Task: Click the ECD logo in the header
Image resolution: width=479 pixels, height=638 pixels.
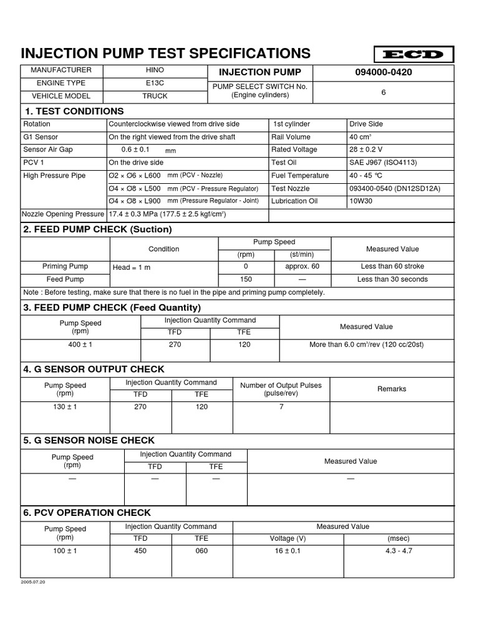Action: [414, 54]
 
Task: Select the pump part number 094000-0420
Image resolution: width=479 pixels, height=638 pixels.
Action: [384, 72]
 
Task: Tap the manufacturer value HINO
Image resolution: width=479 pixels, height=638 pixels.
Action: [155, 70]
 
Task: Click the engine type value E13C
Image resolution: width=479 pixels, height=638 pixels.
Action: [155, 83]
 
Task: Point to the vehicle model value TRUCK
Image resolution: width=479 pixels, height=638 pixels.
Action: [155, 96]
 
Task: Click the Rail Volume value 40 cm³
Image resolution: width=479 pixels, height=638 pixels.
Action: [360, 137]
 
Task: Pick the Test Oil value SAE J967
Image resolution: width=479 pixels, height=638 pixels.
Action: [384, 163]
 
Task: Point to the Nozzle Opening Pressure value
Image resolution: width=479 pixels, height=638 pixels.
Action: [167, 214]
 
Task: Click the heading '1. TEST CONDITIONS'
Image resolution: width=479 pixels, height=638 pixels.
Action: [74, 111]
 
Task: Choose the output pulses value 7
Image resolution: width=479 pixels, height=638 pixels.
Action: [281, 407]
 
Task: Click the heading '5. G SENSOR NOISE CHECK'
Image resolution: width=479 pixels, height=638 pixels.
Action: [89, 440]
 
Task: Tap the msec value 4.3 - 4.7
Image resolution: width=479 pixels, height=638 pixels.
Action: [399, 551]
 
